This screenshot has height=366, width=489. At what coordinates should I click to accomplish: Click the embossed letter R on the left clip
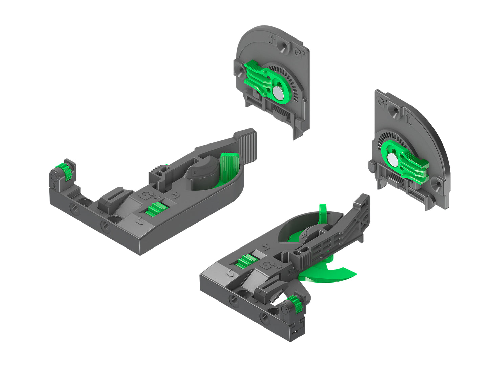54,185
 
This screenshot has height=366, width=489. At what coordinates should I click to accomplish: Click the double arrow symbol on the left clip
139,222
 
